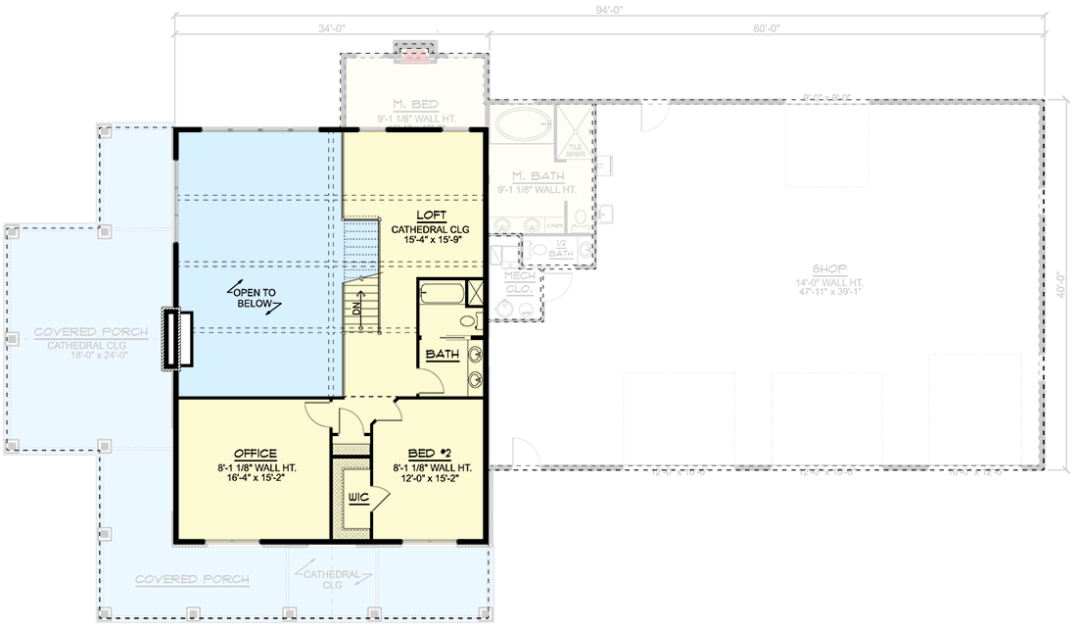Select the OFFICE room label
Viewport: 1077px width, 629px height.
(255, 454)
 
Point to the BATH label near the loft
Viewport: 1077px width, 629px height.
(443, 354)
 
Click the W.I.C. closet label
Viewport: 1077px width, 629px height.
(357, 499)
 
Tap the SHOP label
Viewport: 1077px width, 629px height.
(829, 268)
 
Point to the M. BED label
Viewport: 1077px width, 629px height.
(415, 104)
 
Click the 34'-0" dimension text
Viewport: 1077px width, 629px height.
(331, 27)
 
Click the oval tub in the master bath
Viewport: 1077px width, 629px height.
(519, 125)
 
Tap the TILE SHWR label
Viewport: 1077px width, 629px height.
(575, 151)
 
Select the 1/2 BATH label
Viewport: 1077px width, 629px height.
(559, 249)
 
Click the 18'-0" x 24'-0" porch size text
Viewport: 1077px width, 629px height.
(90, 357)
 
